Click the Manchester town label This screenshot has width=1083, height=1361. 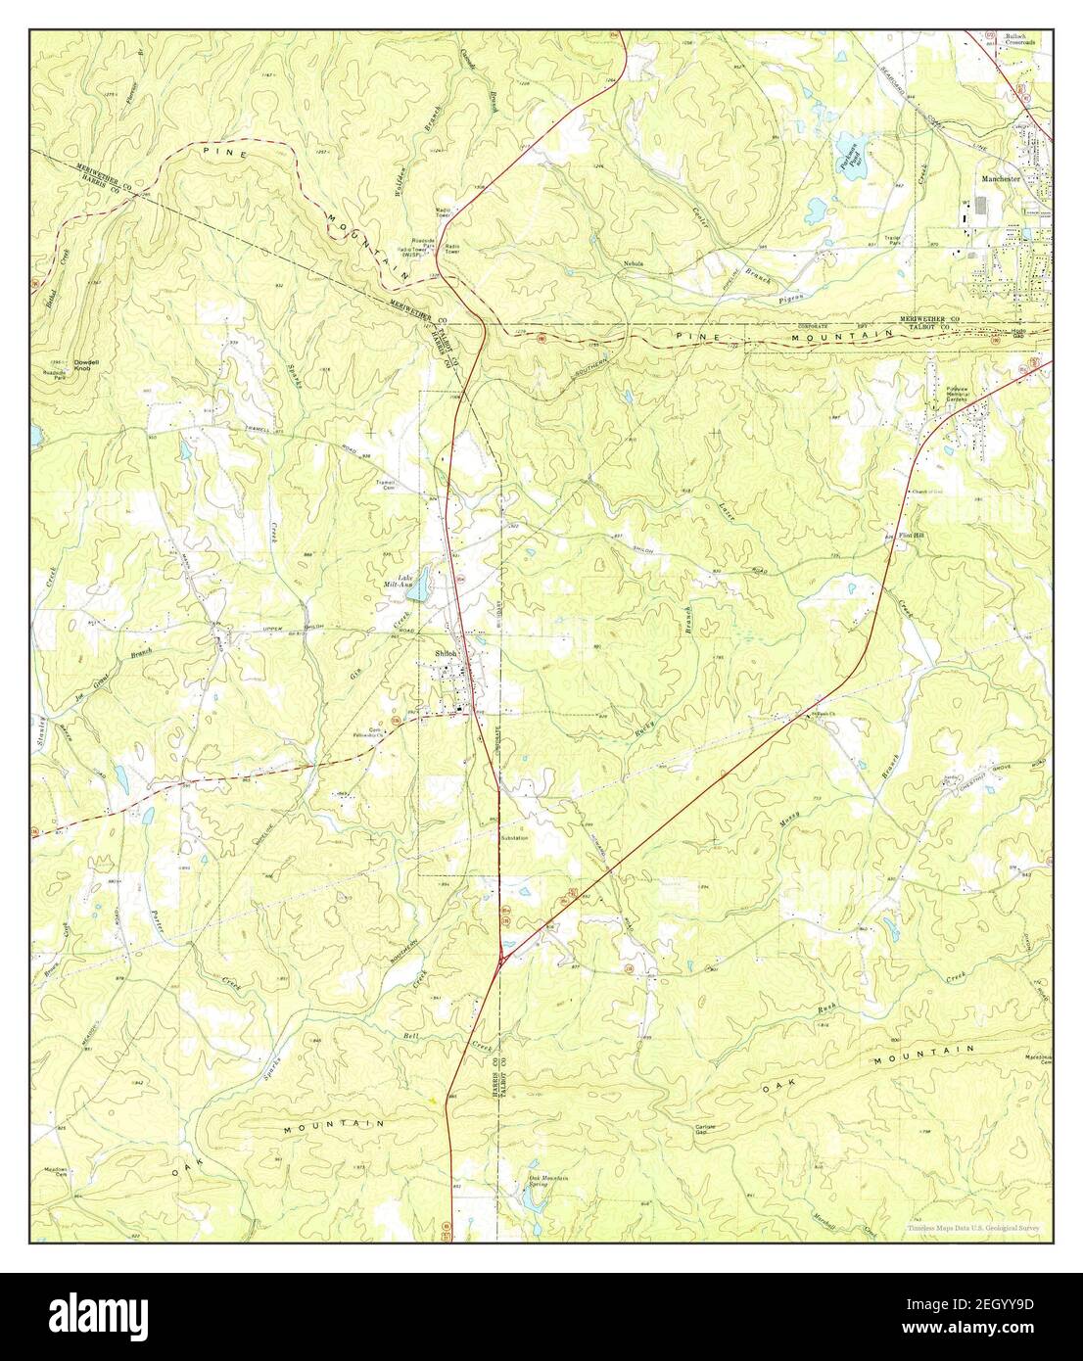point(998,180)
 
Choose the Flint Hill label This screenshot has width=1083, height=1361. point(913,535)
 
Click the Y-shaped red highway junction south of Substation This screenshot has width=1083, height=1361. point(501,962)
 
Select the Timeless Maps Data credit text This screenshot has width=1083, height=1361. point(973,1228)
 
